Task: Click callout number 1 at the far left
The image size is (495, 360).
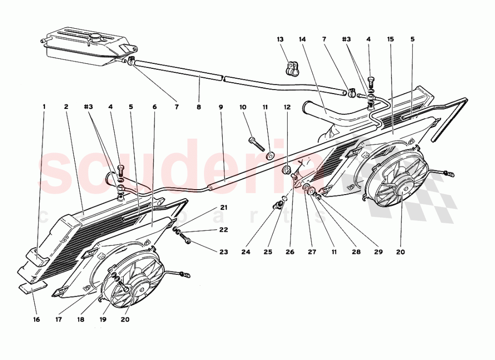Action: point(44,106)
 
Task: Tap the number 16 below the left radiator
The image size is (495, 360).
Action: point(36,319)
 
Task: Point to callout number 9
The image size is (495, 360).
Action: point(221,106)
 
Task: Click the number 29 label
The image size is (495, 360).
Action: point(379,252)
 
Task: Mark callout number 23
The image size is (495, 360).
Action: point(224,252)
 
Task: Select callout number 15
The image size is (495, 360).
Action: point(391,39)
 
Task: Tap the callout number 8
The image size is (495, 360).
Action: point(199,106)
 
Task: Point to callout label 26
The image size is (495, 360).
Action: point(290,252)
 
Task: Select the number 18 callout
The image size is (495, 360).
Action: point(81,319)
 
